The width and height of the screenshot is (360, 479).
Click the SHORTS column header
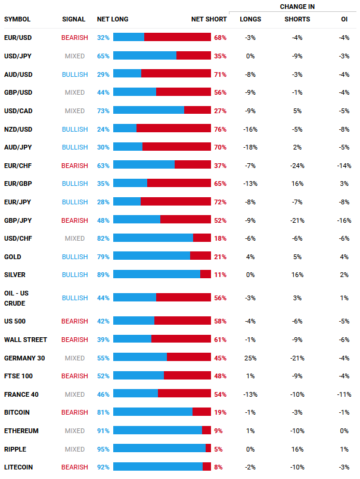(297, 19)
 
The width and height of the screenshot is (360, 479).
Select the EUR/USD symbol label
(18, 38)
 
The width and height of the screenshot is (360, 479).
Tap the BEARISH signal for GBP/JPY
(75, 220)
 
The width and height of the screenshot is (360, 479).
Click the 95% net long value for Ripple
(103, 449)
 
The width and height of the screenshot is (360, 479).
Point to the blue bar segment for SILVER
(156, 274)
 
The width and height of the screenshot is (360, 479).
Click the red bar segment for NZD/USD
(173, 129)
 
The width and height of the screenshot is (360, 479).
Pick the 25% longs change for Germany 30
(250, 358)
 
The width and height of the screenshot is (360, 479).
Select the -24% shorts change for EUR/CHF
(297, 165)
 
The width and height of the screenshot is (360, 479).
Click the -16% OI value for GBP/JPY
(343, 220)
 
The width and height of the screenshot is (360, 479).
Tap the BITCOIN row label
(17, 412)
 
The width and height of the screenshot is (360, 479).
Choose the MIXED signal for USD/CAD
(75, 111)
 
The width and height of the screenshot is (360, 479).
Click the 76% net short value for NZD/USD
(220, 129)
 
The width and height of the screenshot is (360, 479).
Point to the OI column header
(344, 19)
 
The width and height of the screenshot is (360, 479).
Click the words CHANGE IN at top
(297, 7)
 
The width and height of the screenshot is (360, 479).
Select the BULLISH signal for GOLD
(75, 257)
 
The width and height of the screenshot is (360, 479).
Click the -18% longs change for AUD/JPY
(250, 147)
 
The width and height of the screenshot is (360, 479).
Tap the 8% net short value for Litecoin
(218, 468)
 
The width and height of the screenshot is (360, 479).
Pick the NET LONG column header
(113, 19)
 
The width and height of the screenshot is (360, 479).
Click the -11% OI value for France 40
(343, 394)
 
